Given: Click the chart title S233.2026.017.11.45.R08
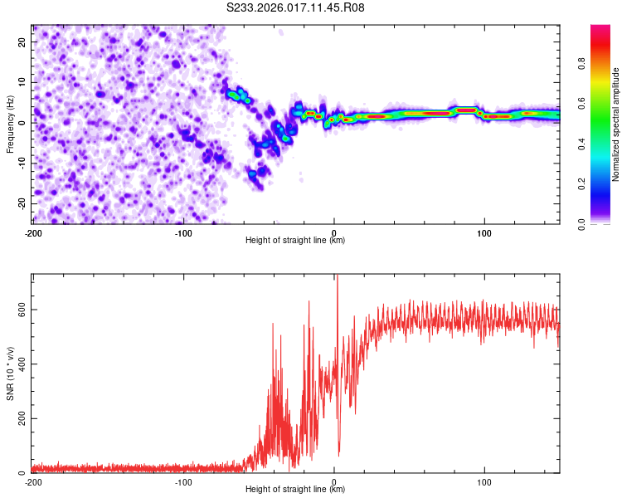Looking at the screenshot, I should [x=296, y=7].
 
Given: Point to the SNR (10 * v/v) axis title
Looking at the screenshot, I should [x=10, y=373].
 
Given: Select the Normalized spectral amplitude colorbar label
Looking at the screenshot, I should [x=616, y=124].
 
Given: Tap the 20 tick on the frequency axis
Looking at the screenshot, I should [x=22, y=41].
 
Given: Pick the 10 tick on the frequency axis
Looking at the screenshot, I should [x=22, y=82].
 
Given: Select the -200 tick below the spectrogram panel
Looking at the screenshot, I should [x=33, y=232].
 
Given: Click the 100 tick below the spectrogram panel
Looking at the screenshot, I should [x=484, y=232].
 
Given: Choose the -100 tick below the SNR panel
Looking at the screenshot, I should [x=183, y=481].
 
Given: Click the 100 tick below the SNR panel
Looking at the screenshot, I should [x=484, y=481].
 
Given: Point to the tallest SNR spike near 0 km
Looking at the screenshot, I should [x=337, y=277].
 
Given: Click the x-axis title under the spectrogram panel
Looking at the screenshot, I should [x=296, y=241].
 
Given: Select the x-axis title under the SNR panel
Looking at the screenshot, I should [x=296, y=491].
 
